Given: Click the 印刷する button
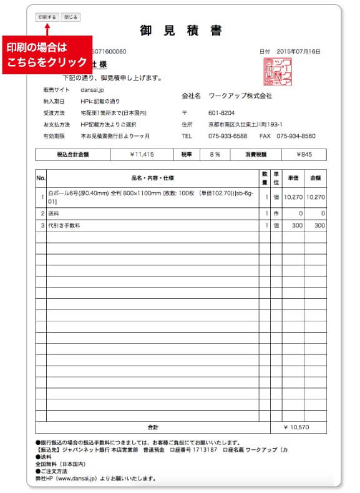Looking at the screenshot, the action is [47, 17].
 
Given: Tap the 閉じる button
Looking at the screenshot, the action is [71, 17].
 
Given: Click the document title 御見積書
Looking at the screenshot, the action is [181, 31].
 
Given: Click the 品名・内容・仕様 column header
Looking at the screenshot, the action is [153, 178].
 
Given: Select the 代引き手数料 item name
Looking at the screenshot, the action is [65, 225].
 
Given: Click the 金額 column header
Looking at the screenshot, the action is [315, 178].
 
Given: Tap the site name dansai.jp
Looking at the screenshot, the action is [91, 90].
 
